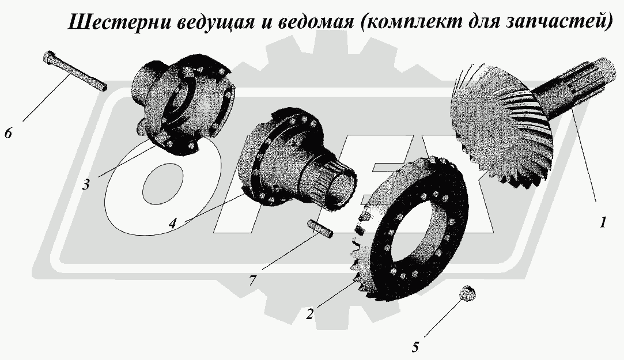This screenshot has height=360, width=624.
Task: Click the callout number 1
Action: coord(603,222)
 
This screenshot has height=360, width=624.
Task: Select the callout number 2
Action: coord(310,314)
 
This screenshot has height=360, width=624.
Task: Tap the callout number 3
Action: coord(85,185)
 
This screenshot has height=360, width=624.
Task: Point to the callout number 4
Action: coord(173,222)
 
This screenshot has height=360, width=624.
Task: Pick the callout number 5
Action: coord(415,347)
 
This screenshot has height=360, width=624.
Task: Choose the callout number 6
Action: coord(8,133)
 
